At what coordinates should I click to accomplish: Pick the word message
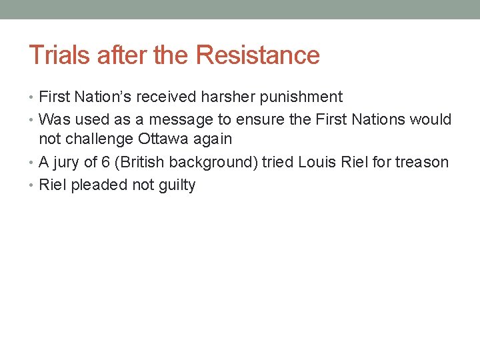click(175, 120)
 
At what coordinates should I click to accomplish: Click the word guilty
click(177, 185)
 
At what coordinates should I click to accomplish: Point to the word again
click(213, 140)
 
